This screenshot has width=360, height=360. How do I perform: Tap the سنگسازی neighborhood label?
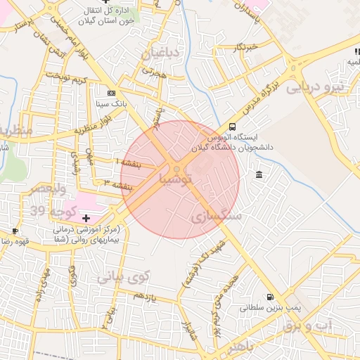click(216, 217)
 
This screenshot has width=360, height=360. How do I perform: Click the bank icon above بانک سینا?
click(110, 93)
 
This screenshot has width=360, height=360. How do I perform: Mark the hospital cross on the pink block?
click(86, 219)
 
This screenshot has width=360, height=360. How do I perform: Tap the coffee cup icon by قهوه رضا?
click(15, 231)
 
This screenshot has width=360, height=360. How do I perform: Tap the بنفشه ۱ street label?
click(128, 163)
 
